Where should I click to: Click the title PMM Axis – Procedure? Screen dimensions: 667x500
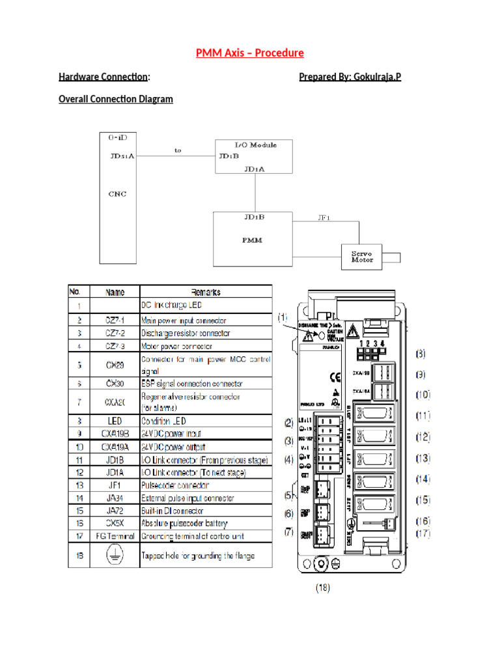[x=250, y=53]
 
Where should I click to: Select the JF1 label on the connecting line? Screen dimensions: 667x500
[x=324, y=218]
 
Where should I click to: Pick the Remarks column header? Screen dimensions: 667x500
[x=206, y=292]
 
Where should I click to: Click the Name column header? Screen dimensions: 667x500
[x=114, y=292]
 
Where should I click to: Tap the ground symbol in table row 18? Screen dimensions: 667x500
[x=114, y=555]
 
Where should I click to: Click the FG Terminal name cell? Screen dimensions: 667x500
[x=114, y=536]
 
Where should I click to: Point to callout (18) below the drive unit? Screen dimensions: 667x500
[x=323, y=588]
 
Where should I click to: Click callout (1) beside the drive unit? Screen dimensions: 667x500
[x=283, y=317]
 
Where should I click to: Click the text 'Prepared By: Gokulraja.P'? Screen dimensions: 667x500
[x=350, y=78]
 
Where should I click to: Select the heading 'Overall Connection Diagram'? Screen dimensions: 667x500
[x=116, y=99]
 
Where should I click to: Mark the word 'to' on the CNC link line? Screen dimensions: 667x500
[x=177, y=150]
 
